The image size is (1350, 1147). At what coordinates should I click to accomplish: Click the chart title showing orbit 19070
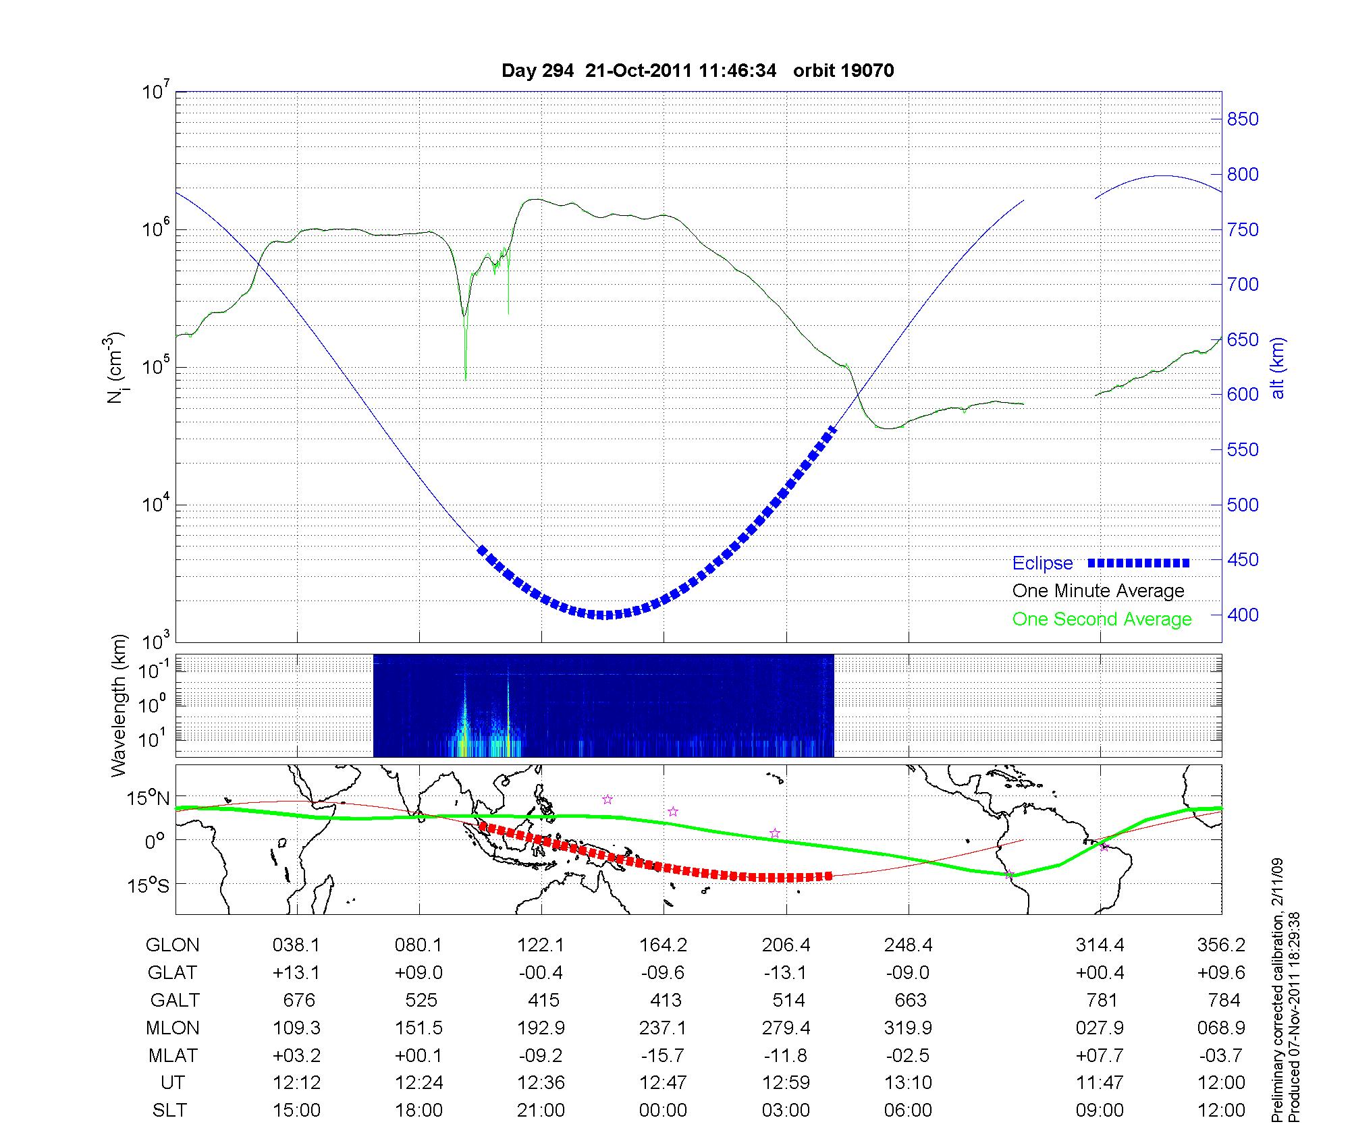[697, 71]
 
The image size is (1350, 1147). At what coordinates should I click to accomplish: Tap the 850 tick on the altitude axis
[1242, 119]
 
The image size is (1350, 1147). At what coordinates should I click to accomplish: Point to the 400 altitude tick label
[1242, 615]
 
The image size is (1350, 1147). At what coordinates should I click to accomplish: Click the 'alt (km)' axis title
[1278, 368]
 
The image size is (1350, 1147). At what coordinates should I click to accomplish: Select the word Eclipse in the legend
[1042, 563]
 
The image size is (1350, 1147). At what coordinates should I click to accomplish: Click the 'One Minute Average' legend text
[1098, 591]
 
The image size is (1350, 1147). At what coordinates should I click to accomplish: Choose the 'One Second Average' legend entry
[1102, 619]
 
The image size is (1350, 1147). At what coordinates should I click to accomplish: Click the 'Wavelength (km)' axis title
[119, 706]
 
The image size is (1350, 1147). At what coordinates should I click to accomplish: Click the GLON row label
[172, 945]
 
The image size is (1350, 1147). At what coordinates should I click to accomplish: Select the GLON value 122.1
[541, 945]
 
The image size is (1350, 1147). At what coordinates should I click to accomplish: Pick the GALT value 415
[543, 1000]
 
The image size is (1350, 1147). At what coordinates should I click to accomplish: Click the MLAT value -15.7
[663, 1055]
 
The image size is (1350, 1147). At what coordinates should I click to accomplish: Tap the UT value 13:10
[908, 1083]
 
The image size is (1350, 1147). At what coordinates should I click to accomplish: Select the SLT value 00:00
[663, 1111]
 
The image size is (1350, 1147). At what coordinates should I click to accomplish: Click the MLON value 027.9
[1100, 1028]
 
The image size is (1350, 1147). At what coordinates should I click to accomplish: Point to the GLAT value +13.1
[296, 972]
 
